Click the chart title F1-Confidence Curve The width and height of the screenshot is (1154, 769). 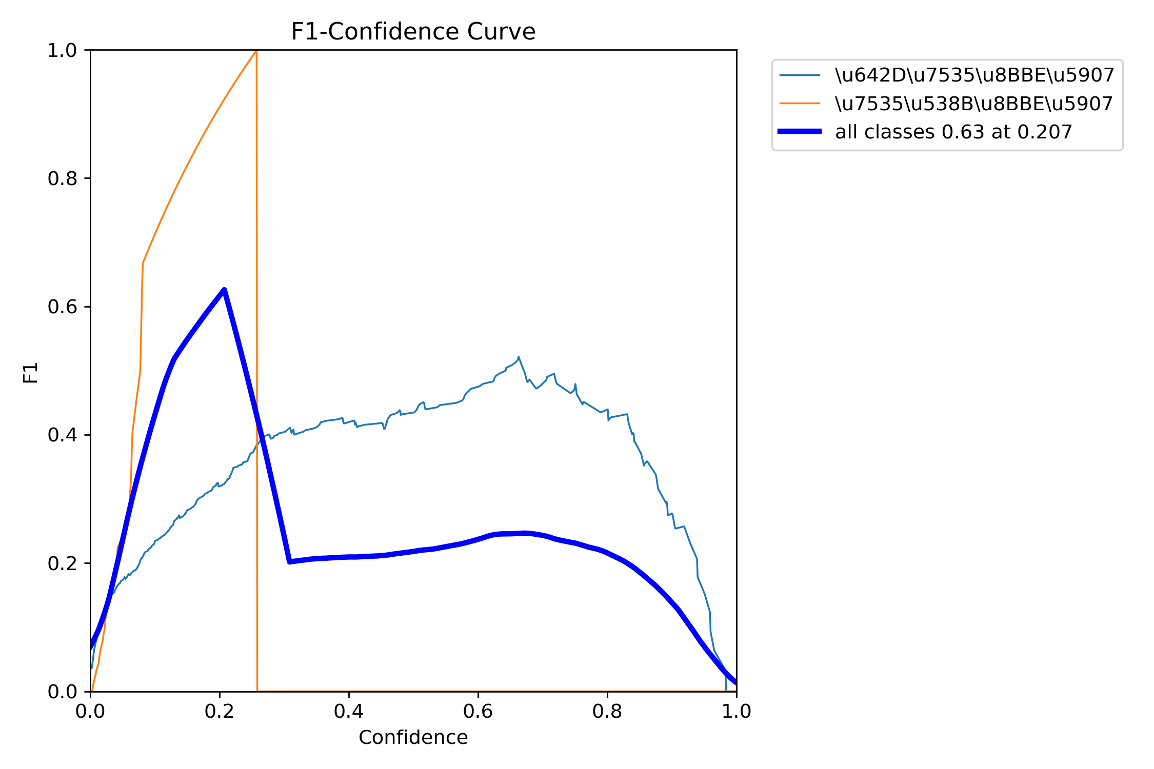[413, 32]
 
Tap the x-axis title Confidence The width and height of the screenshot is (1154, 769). [413, 738]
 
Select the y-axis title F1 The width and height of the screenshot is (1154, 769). [31, 373]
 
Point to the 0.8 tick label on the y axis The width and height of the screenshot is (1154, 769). [62, 178]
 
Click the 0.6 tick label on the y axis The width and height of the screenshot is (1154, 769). [62, 307]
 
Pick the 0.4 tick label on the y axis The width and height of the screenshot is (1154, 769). [62, 435]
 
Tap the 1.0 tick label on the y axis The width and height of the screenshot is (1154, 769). [62, 50]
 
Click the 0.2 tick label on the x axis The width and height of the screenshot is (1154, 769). [220, 712]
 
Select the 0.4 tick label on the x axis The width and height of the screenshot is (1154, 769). [349, 712]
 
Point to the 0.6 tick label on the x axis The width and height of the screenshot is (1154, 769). [478, 712]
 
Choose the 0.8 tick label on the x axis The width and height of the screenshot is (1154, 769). [607, 712]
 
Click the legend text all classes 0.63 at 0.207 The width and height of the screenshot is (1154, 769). [953, 132]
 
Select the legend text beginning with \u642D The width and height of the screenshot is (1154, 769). [974, 75]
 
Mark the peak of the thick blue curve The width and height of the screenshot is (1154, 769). [224, 290]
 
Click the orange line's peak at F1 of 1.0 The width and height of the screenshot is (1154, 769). [256, 51]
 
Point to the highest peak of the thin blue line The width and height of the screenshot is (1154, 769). [519, 357]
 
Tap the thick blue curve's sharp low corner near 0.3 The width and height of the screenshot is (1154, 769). [290, 562]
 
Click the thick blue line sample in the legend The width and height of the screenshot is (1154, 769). [800, 132]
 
